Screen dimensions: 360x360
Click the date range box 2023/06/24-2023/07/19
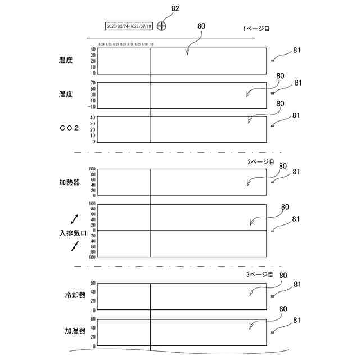point(129,26)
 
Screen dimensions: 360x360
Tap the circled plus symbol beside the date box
point(162,26)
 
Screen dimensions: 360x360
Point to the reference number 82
point(175,8)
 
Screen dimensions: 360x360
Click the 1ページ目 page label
point(256,28)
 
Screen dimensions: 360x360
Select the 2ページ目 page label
point(261,161)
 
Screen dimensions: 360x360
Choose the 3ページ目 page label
point(259,274)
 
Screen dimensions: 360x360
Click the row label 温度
point(66,60)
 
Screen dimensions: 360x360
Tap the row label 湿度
point(66,94)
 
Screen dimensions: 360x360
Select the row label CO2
point(69,128)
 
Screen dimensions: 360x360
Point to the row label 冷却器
point(75,295)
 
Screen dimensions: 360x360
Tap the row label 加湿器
point(75,332)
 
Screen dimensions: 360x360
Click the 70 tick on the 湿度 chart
point(93,83)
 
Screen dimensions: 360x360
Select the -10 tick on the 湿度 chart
point(92,107)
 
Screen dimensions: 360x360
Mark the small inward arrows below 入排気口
point(75,246)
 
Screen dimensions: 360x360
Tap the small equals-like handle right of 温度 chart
point(273,60)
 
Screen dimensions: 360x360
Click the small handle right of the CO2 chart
point(273,126)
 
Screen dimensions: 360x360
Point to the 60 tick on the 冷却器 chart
point(93,283)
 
